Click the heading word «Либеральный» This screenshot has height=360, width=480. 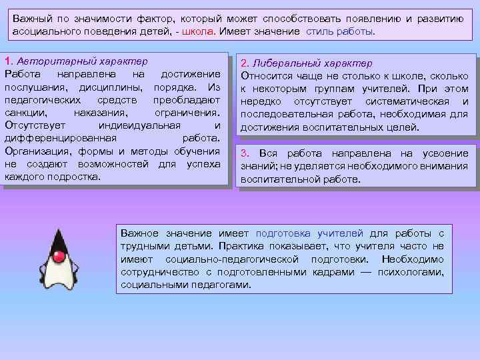point(287,63)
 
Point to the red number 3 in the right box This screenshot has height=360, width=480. point(245,153)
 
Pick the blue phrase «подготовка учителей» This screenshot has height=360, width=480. point(309,233)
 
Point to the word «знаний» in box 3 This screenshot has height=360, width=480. point(256,167)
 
